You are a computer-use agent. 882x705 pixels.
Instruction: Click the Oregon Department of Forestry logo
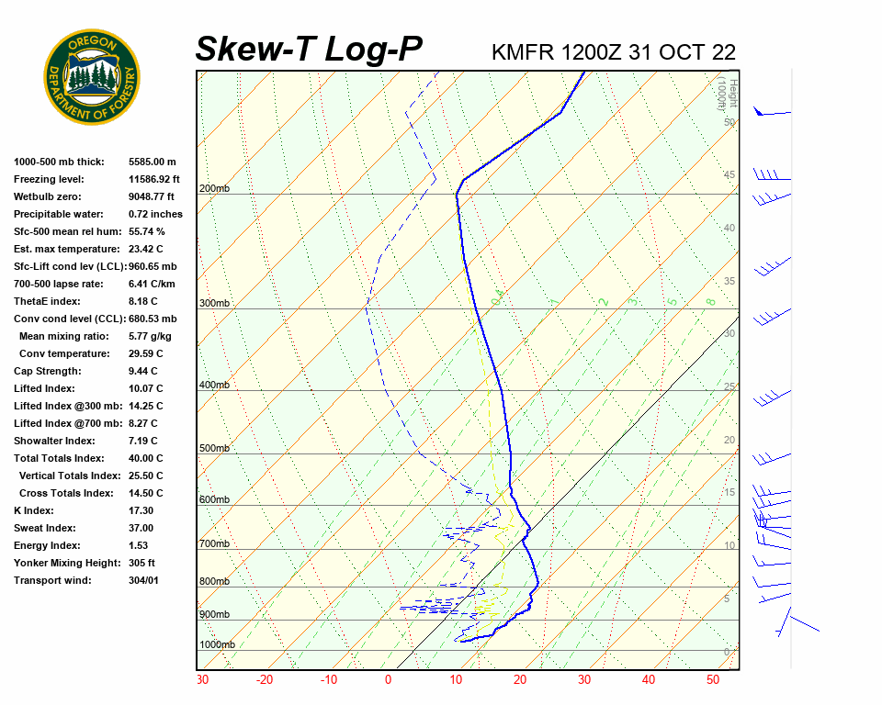pos(92,77)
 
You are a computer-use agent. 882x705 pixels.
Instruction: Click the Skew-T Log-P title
pos(309,50)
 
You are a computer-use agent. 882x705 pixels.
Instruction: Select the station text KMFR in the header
pos(523,52)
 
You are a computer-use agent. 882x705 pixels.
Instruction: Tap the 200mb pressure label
pos(214,189)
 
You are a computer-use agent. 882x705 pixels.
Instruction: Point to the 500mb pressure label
pos(214,449)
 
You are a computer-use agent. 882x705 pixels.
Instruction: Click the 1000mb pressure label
pos(217,645)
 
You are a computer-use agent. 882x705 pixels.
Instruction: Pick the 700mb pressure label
pos(214,544)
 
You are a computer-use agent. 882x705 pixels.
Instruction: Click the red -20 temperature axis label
pos(265,680)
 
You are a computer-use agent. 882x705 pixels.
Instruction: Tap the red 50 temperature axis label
pos(713,680)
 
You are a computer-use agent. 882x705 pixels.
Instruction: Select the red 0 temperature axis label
pos(388,680)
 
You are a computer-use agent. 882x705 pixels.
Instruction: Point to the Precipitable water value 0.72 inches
pos(155,214)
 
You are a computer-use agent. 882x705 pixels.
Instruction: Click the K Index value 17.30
pos(141,510)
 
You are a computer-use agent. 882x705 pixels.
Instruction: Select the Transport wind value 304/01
pos(143,580)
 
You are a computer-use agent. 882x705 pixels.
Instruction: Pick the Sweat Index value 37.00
pos(141,528)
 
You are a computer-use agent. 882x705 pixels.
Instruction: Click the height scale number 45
pos(729,175)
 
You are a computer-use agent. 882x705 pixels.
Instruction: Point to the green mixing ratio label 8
pos(710,301)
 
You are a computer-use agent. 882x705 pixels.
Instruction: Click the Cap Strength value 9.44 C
pos(143,371)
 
